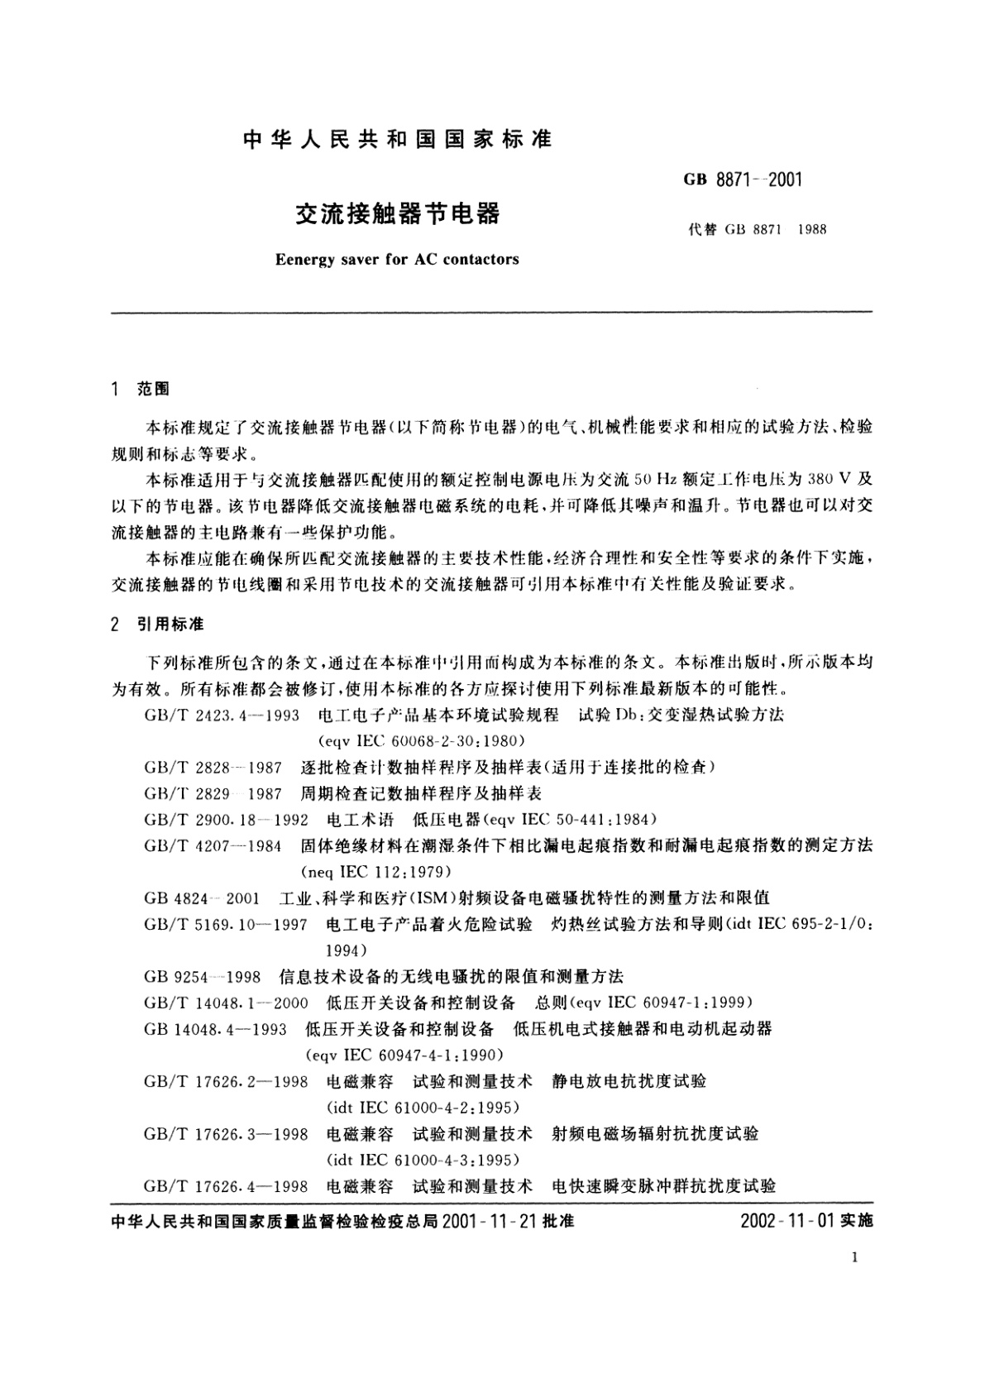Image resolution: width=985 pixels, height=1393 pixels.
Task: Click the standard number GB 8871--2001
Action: (x=743, y=179)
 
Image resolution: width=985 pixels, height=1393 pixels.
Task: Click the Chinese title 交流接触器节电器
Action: (x=398, y=214)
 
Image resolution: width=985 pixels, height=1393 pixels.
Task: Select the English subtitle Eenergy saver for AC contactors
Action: (x=397, y=259)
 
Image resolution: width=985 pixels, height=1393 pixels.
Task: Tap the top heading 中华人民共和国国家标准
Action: (x=398, y=141)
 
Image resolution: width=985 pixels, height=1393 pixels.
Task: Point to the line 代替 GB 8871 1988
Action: (x=756, y=230)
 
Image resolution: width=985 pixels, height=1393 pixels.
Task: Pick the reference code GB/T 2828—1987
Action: (x=213, y=767)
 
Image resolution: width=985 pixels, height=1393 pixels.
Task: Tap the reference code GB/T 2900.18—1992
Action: (x=226, y=819)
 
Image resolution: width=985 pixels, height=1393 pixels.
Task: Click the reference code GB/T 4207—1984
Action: (x=213, y=845)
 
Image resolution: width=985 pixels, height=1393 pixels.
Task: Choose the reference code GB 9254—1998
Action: (x=202, y=976)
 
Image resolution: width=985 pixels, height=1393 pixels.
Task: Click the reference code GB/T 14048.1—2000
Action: (x=226, y=1003)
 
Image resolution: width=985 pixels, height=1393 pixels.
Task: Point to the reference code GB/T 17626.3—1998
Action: (x=226, y=1133)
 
